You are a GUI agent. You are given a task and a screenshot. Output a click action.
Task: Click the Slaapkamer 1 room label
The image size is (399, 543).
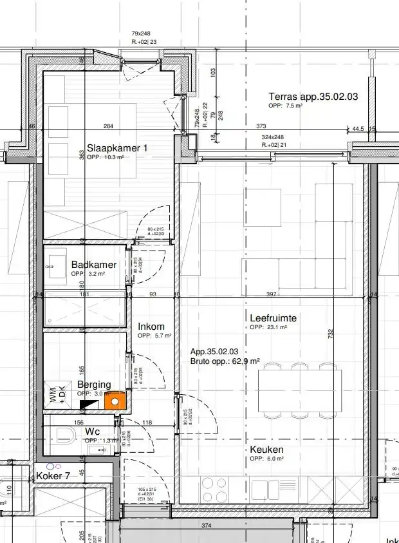pos(117,148)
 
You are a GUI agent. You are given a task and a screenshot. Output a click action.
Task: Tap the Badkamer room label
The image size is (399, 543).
pos(94,265)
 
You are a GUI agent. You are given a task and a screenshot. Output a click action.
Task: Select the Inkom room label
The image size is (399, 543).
pos(151,327)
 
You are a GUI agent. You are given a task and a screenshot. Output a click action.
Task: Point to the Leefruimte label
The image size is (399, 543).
pos(273,318)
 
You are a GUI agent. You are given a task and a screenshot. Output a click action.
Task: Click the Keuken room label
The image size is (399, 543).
pos(268,450)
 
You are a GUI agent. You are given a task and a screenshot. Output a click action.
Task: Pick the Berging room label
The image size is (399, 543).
pos(94,385)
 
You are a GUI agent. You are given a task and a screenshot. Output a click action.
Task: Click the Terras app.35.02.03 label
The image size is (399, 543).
pos(313,97)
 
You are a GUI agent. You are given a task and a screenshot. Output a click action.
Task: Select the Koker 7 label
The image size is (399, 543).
pos(53,475)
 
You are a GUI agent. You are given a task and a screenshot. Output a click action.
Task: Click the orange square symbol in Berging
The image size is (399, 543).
pos(115,401)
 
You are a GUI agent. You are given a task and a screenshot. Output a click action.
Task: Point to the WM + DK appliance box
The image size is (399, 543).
pos(53,394)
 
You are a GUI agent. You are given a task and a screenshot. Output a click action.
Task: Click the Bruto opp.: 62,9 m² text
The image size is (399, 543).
pos(225,361)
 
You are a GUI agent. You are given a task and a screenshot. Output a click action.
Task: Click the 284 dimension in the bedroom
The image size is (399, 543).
pos(108,126)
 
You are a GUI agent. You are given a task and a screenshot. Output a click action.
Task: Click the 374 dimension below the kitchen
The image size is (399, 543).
pos(206,526)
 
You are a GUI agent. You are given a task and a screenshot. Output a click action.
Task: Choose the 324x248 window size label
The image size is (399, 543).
pos(272,137)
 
